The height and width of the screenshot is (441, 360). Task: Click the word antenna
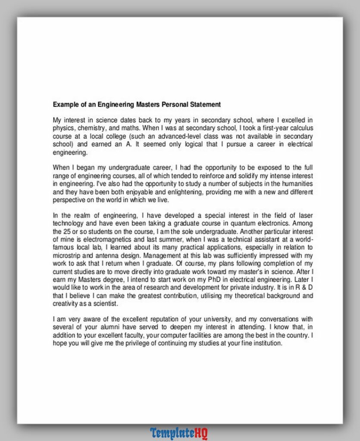102,255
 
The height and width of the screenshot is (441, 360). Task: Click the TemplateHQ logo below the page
179,433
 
